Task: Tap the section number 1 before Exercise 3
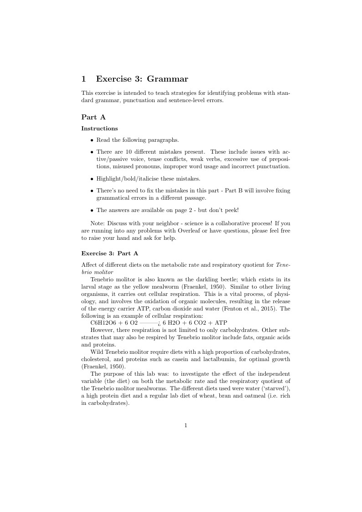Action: pos(83,79)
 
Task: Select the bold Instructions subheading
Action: pos(99,129)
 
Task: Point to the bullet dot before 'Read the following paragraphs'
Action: pos(92,140)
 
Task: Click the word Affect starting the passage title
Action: pos(89,265)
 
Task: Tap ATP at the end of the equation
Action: pos(220,322)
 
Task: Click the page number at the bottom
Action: pos(186,426)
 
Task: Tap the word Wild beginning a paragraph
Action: pos(98,352)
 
